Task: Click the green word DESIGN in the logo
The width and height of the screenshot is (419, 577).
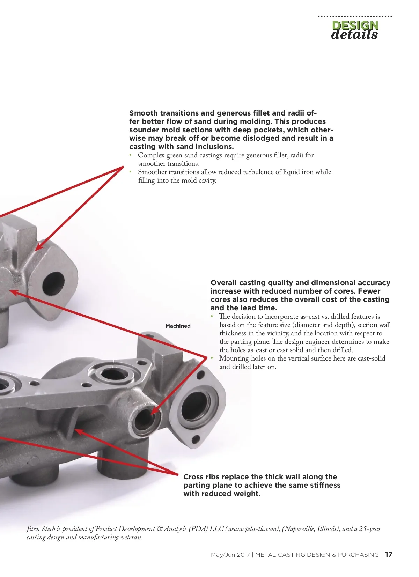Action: click(355, 25)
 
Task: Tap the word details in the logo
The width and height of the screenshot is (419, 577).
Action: click(354, 35)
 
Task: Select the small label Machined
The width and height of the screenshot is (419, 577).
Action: click(178, 326)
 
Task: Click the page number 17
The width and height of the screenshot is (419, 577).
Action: click(389, 554)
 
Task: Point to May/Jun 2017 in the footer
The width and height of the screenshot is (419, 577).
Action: click(230, 555)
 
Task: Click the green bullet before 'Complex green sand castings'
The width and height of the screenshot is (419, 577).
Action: click(131, 155)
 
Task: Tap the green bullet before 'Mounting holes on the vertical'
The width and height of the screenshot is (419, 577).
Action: click(212, 358)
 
